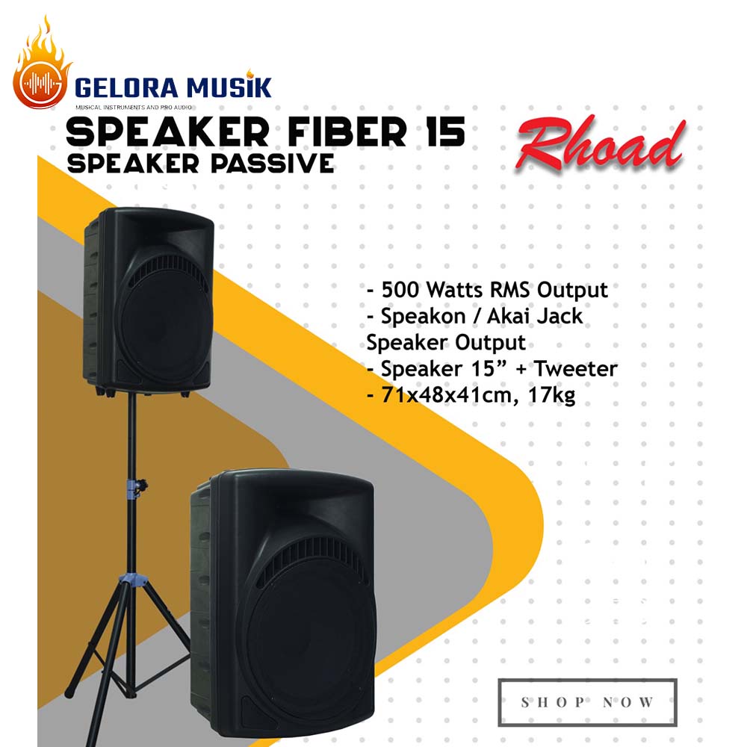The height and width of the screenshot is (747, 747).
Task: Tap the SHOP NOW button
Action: point(587,701)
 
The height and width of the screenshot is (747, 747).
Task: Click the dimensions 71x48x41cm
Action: point(450,396)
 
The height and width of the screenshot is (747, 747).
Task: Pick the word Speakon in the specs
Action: point(414,316)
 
